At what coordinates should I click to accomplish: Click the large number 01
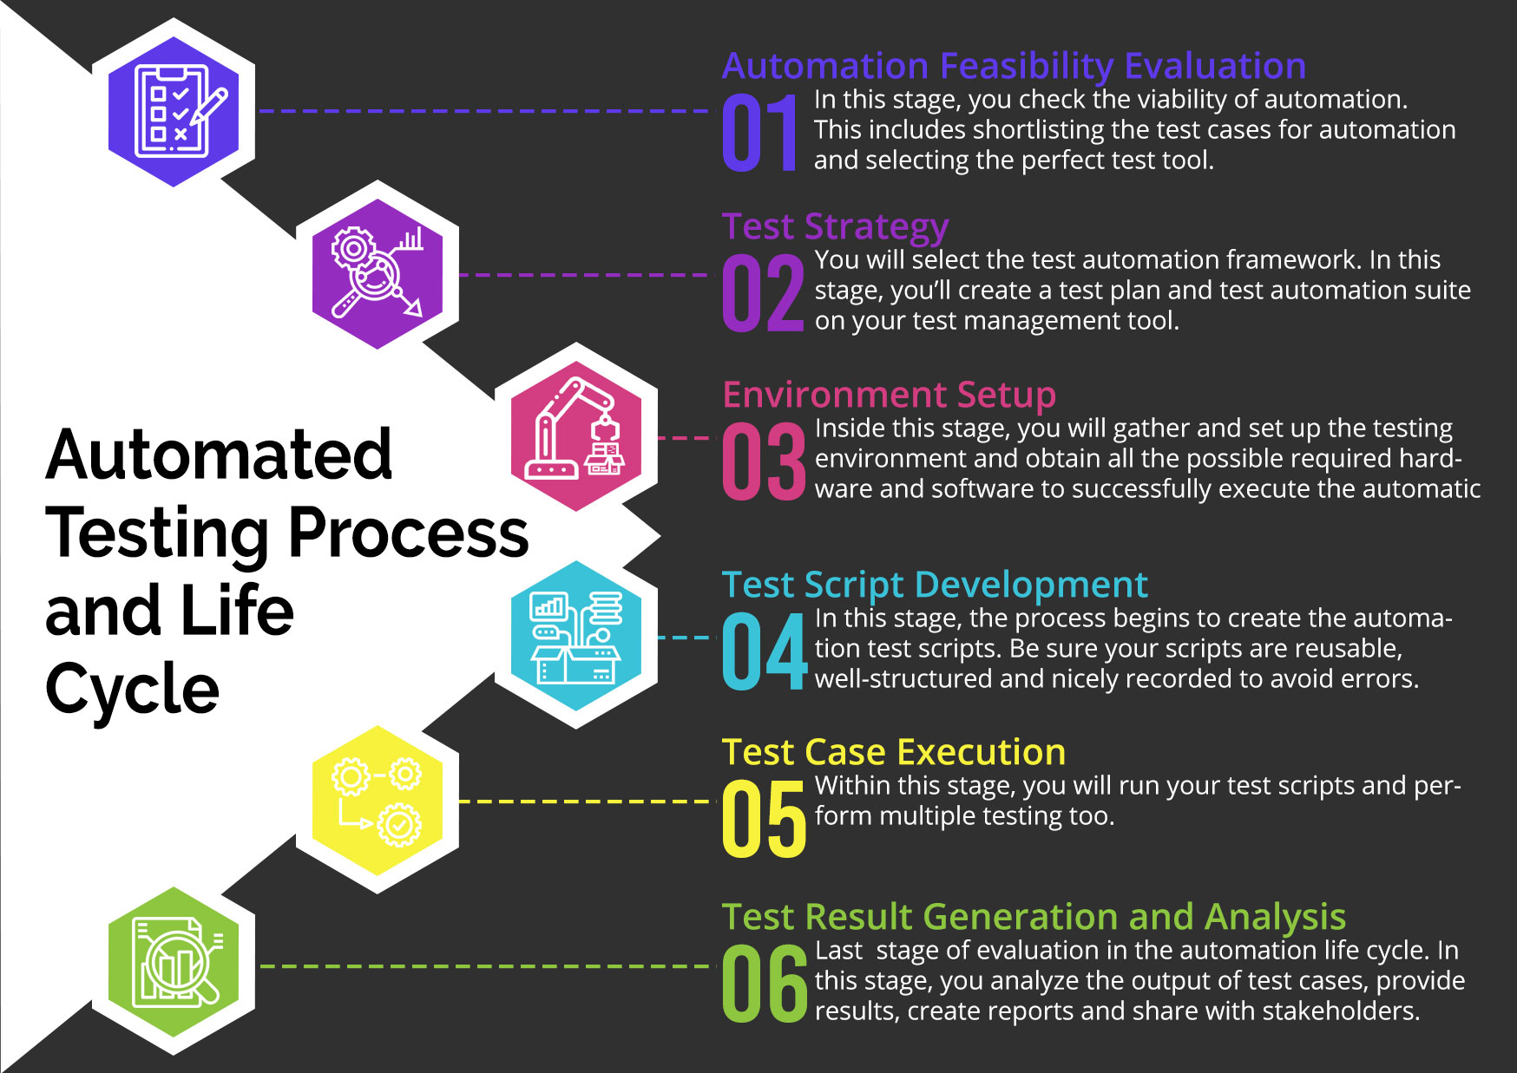pos(759,132)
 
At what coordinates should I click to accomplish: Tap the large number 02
pos(763,293)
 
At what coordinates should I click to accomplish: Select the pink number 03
pos(764,461)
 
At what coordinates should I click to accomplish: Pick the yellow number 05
pos(764,819)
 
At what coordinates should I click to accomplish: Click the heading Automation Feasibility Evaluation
pos(1014,67)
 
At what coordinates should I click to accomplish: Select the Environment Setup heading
pos(889,396)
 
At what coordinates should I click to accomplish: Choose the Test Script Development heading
pos(935,586)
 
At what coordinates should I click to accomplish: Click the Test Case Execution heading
pos(894,752)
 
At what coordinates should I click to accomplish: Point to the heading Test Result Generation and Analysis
pos(1034,918)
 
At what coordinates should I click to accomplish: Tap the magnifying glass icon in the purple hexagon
pos(377,273)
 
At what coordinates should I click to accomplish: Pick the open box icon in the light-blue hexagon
pos(575,638)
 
